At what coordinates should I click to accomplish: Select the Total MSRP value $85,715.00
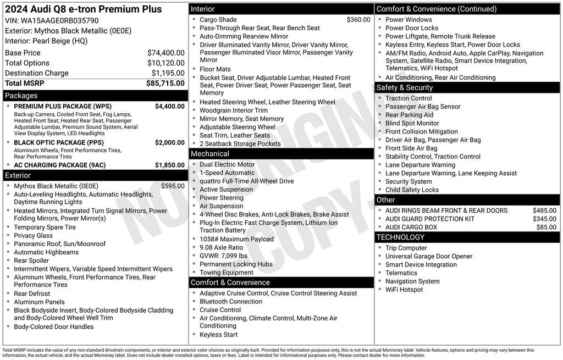(x=165, y=84)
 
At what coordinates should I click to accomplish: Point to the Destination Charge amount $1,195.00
(x=168, y=73)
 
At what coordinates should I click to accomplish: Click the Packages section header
(x=21, y=96)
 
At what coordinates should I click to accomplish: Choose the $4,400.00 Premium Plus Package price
(x=169, y=107)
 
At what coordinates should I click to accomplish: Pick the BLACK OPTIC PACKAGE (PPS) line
(x=59, y=143)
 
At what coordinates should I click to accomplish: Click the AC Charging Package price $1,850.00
(x=169, y=165)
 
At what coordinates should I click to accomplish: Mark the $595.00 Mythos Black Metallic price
(x=173, y=186)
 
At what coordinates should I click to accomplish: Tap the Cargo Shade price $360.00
(x=358, y=20)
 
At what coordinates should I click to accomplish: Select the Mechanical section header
(x=210, y=154)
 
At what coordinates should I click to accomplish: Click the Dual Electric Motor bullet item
(x=227, y=164)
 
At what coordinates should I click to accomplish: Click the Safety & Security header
(x=404, y=88)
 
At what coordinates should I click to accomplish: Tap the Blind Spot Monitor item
(x=412, y=124)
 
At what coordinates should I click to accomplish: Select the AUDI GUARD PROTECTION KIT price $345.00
(x=544, y=219)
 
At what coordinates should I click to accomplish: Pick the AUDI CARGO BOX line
(x=411, y=228)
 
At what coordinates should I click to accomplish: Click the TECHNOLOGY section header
(x=400, y=237)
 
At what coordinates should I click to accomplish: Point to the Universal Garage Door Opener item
(x=429, y=257)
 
